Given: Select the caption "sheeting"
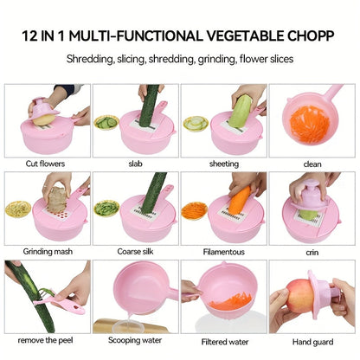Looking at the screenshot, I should tap(223, 164).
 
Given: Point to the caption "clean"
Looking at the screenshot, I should tap(312, 164).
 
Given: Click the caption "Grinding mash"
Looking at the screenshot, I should tap(46, 252).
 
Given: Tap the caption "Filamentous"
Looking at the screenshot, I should tap(223, 252).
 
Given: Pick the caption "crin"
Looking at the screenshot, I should tap(312, 252).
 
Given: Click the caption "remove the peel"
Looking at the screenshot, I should tap(46, 340).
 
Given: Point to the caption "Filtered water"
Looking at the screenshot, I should tap(223, 340).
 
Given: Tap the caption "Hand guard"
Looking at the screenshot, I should tap(312, 340).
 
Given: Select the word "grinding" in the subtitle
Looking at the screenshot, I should tap(231, 59).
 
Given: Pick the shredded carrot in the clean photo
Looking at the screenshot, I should tap(310, 124).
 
